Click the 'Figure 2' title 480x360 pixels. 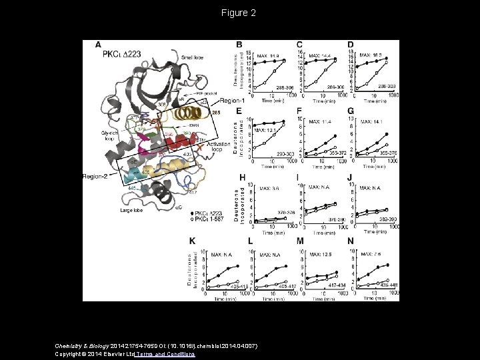(x=240, y=13)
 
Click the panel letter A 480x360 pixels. (x=99, y=45)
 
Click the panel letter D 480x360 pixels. (x=351, y=45)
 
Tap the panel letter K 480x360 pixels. (x=193, y=240)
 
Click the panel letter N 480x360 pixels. (x=351, y=240)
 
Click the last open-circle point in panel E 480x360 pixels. (x=283, y=125)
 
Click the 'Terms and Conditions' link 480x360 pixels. (x=166, y=355)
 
